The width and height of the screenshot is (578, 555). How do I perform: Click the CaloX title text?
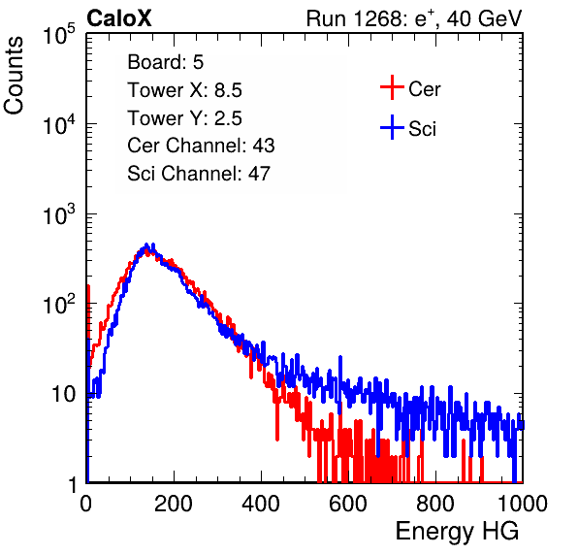pyautogui.click(x=118, y=18)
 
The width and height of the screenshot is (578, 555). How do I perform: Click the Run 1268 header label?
pyautogui.click(x=414, y=18)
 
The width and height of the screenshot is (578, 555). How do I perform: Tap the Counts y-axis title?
pyautogui.click(x=14, y=76)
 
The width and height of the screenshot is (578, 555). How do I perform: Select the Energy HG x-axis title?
pyautogui.click(x=457, y=532)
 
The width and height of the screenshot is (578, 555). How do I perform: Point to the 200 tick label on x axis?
pyautogui.click(x=174, y=504)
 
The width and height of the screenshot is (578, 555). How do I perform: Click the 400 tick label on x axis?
pyautogui.click(x=261, y=504)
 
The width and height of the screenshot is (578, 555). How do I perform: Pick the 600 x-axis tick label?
pyautogui.click(x=348, y=504)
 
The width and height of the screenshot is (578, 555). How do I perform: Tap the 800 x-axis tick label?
pyautogui.click(x=435, y=504)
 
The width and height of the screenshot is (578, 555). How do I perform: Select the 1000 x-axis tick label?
pyautogui.click(x=523, y=504)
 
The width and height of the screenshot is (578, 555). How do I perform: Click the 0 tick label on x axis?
pyautogui.click(x=86, y=504)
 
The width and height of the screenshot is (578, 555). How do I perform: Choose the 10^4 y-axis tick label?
pyautogui.click(x=59, y=124)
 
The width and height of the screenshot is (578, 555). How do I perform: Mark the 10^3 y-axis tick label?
pyautogui.click(x=59, y=214)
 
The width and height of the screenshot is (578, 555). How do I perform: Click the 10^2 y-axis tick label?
pyautogui.click(x=59, y=305)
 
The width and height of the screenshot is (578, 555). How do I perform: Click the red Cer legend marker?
pyautogui.click(x=392, y=87)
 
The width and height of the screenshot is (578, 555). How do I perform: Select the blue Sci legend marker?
pyautogui.click(x=392, y=128)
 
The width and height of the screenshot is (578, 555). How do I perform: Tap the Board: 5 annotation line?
pyautogui.click(x=166, y=62)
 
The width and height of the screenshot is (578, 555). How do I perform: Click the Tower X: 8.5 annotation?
pyautogui.click(x=184, y=90)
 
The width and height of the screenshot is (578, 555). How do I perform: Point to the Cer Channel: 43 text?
pyautogui.click(x=201, y=146)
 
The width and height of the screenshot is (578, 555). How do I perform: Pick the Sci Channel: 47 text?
pyautogui.click(x=199, y=174)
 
